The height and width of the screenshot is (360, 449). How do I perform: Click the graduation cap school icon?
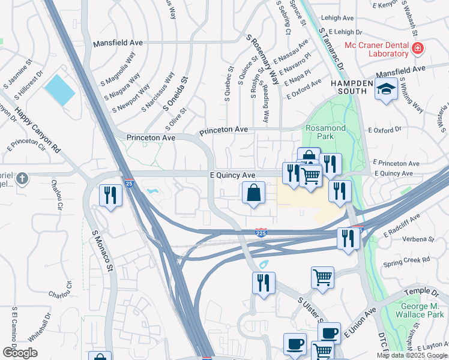(x=386, y=90)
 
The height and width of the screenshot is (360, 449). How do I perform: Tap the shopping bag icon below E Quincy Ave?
(x=253, y=193)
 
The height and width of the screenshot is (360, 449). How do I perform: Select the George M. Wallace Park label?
(x=421, y=310)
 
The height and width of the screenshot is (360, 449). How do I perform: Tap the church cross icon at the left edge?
(x=22, y=178)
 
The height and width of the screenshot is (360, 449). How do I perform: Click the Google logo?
(x=20, y=353)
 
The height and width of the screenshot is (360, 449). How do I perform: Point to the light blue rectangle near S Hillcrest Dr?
(x=59, y=90)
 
